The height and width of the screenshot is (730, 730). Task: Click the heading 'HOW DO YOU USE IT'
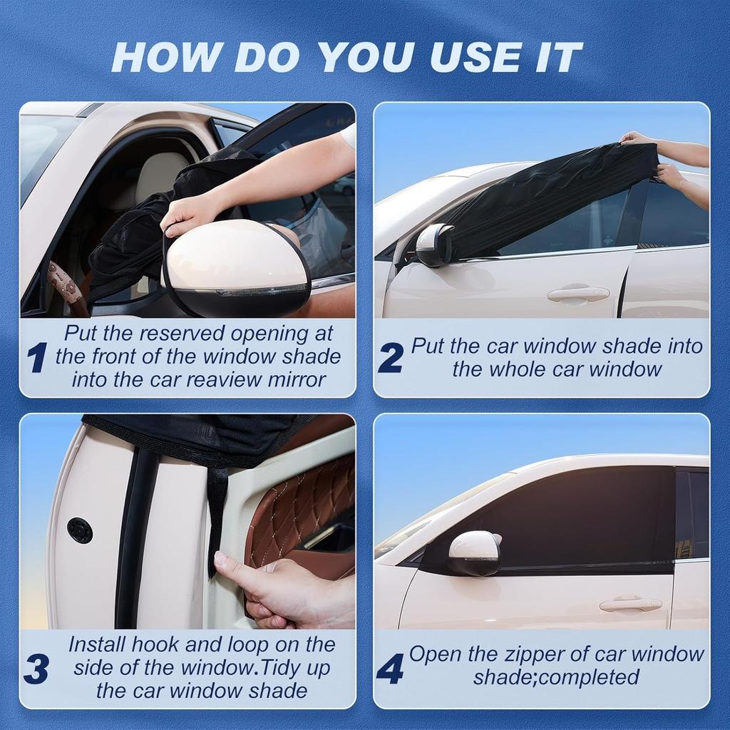pyautogui.click(x=347, y=58)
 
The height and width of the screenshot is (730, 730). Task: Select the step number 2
pyautogui.click(x=390, y=357)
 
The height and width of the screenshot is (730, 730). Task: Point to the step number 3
pyautogui.click(x=36, y=669)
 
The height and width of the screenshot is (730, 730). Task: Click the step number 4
pyautogui.click(x=389, y=668)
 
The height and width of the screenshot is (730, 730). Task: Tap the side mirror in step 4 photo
pyautogui.click(x=473, y=552)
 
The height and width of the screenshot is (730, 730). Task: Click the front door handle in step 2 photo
pyautogui.click(x=577, y=293)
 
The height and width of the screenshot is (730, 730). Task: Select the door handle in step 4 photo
pyautogui.click(x=630, y=605)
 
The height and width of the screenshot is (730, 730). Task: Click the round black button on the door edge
pyautogui.click(x=79, y=530)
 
